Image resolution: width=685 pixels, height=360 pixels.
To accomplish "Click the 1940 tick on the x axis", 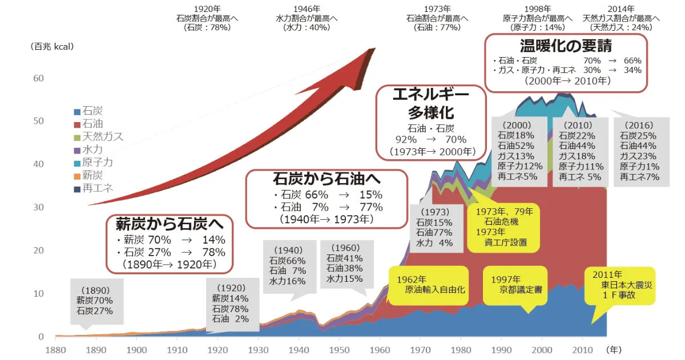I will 299,349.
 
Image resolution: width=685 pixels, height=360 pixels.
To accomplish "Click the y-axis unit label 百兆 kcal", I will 52,46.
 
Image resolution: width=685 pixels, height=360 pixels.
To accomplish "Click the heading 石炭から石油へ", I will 326,179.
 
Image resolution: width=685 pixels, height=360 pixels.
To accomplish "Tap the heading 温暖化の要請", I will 566,45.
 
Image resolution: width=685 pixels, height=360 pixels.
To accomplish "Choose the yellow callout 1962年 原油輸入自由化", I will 428,284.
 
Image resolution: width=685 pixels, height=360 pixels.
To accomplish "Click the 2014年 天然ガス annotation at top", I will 620,18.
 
